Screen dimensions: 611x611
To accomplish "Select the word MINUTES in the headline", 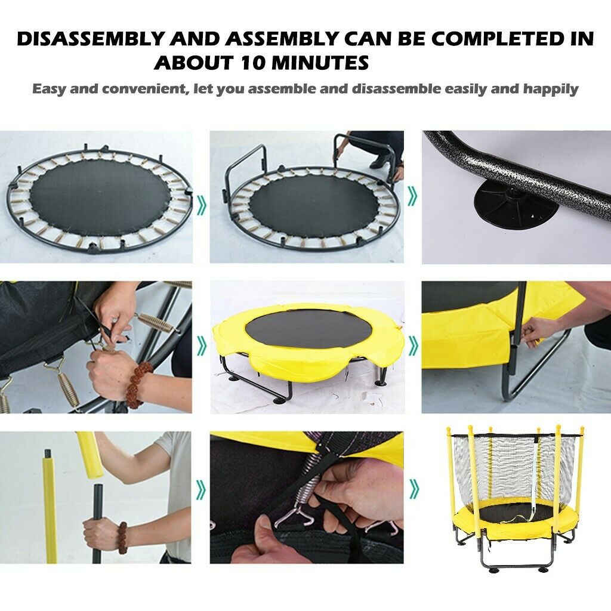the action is (320, 62).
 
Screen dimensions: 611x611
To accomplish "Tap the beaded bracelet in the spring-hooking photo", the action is (137, 384).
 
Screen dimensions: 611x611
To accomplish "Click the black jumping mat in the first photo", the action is (100, 198).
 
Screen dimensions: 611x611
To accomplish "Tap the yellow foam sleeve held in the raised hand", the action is (90, 454).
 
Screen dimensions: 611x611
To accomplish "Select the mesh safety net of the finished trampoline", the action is (514, 468).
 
